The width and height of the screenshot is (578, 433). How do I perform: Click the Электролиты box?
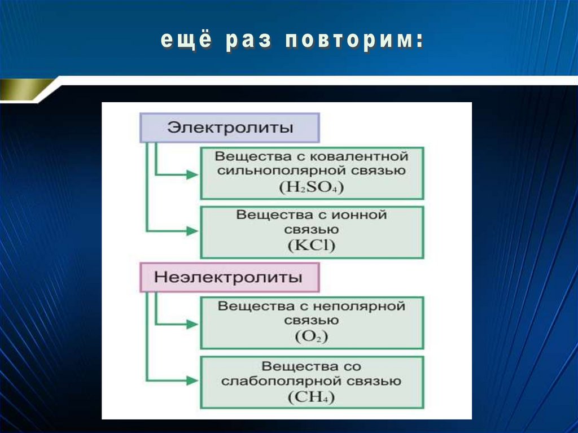pos(229,128)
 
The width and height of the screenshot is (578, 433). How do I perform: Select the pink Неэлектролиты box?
pos(229,278)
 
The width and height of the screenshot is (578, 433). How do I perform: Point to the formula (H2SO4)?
pos(311,187)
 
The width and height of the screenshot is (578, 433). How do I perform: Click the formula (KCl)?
pos(311,246)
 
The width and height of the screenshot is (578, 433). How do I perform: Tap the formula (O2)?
pos(311,337)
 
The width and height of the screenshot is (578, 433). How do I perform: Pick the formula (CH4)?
pos(311,397)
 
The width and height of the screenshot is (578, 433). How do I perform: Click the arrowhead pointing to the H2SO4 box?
pos(192,175)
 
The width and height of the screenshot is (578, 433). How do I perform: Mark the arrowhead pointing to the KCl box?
pos(192,231)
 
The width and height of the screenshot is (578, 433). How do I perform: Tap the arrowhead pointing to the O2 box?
pos(192,325)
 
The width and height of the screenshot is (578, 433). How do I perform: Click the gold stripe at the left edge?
pos(23,89)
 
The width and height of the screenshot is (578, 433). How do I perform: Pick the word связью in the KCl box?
pos(311,230)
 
